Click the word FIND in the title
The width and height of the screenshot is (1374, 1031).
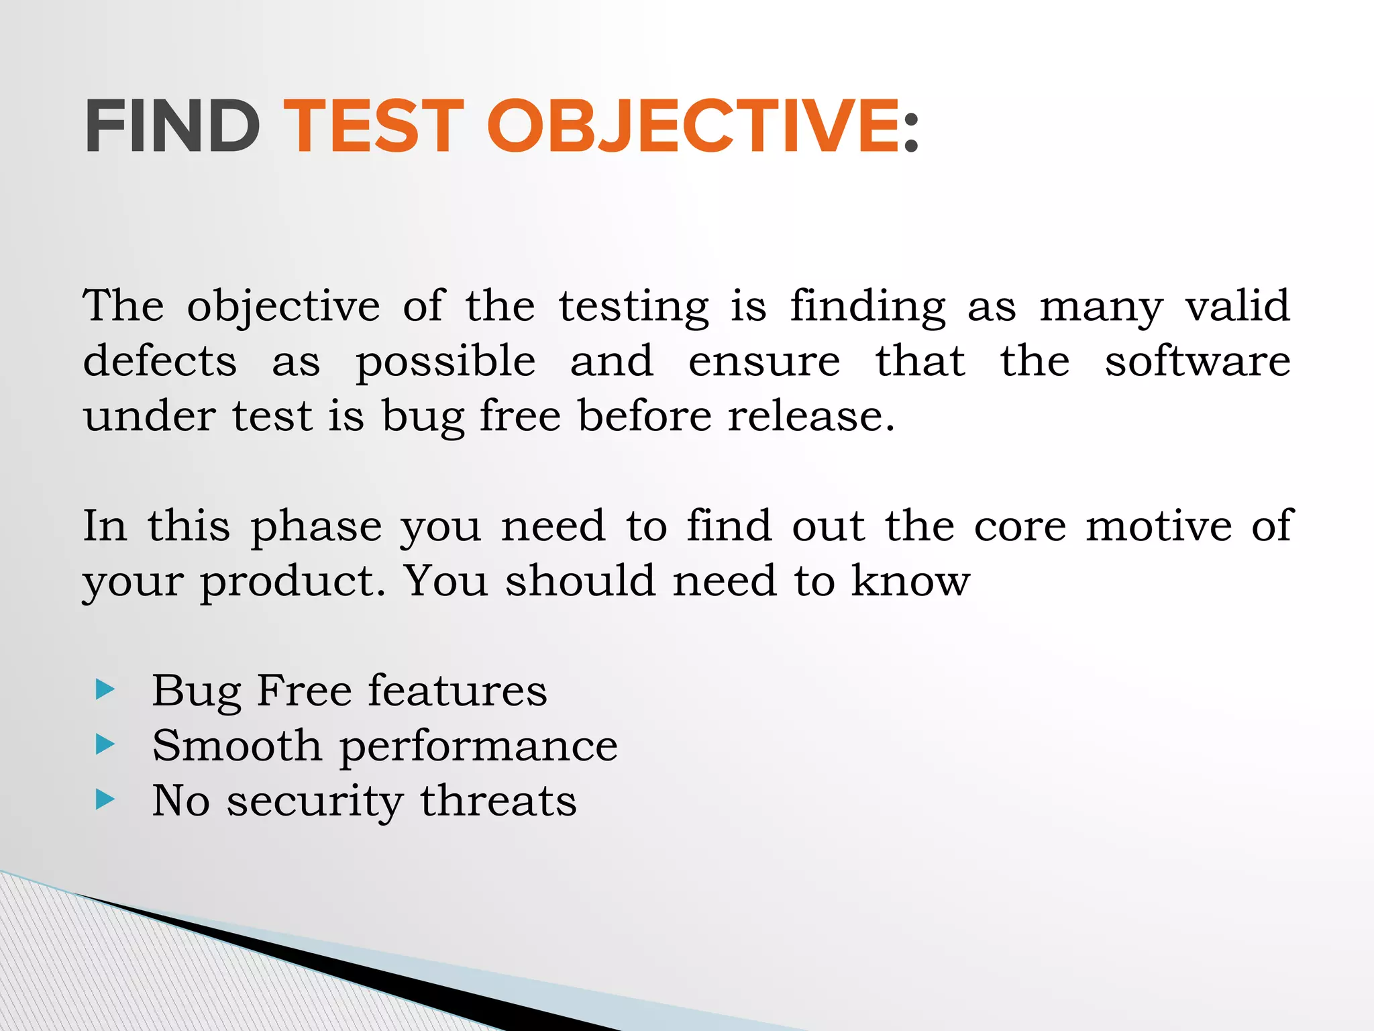(172, 126)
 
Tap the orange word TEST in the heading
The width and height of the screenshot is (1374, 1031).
(374, 126)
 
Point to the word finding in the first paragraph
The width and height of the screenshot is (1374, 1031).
(868, 307)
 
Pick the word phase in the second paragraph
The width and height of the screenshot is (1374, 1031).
(316, 528)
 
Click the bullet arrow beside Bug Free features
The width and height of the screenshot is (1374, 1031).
(105, 689)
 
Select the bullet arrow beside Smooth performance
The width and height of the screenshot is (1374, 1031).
(105, 744)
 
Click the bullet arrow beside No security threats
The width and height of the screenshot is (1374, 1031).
(105, 799)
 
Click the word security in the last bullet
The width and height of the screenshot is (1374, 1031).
(315, 801)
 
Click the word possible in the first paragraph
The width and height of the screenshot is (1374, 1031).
(445, 362)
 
